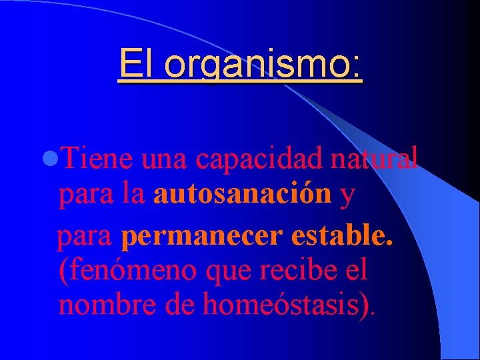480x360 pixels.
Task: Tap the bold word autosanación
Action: [x=243, y=194]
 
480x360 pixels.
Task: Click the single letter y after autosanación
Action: [x=347, y=195]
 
